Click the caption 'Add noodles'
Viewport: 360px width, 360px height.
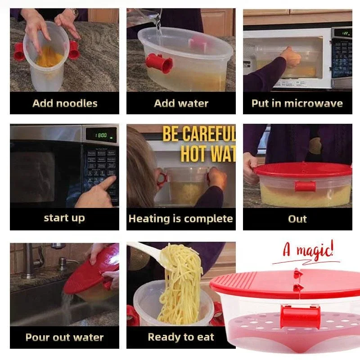[65, 103]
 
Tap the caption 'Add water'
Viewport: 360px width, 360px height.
[181, 103]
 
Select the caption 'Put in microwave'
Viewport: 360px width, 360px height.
[297, 103]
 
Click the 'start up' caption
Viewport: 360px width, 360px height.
[64, 218]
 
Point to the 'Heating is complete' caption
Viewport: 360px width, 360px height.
[180, 219]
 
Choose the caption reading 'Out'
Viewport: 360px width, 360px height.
[297, 219]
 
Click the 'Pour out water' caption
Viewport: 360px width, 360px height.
[64, 337]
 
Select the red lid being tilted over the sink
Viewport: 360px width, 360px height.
[88, 274]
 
